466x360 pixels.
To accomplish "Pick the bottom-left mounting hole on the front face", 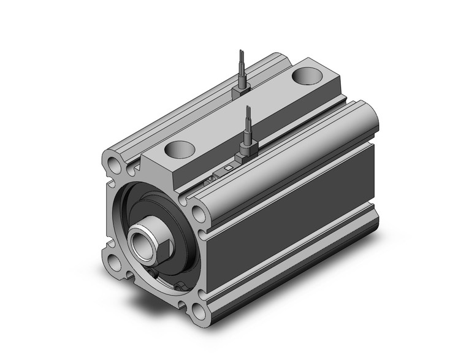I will click(114, 262).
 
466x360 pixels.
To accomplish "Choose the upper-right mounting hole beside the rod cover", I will click(199, 213).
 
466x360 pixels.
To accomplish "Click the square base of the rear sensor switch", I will click(240, 91).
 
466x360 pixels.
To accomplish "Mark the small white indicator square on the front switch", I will click(228, 167).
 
